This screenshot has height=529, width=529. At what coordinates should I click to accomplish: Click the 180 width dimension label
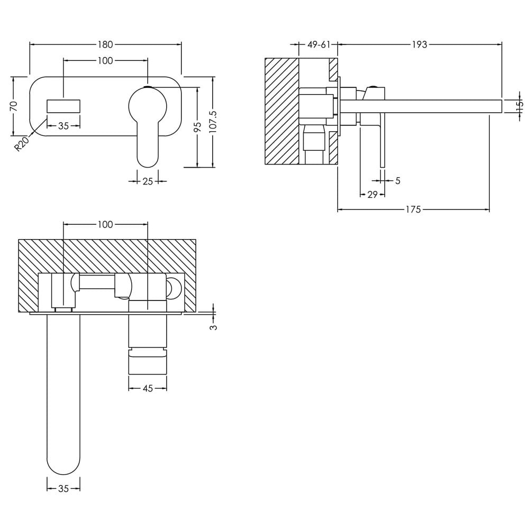coord(105,44)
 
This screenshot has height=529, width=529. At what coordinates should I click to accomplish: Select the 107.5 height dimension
coord(213,122)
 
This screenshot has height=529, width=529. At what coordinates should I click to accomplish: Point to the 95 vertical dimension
coord(198,126)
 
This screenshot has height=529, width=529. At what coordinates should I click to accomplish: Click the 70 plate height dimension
coord(14,106)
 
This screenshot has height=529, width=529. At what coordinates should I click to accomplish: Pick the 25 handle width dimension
coord(148,181)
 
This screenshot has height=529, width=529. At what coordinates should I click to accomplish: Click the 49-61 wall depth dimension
coord(318,44)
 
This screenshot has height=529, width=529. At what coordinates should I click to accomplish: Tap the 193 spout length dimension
coord(419,44)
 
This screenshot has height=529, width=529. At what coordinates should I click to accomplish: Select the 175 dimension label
coord(413,209)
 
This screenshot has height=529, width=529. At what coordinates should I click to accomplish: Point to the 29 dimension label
coord(372,194)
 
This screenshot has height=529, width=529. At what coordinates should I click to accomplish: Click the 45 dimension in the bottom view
coord(148,388)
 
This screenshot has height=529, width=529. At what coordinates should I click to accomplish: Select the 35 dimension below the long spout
coord(63,488)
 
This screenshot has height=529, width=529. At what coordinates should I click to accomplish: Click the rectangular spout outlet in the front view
coord(63,106)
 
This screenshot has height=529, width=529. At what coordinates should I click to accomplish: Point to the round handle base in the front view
coord(148,105)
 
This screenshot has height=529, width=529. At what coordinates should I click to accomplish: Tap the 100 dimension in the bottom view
coord(105,224)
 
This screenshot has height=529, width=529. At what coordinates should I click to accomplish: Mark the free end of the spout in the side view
coord(501,106)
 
